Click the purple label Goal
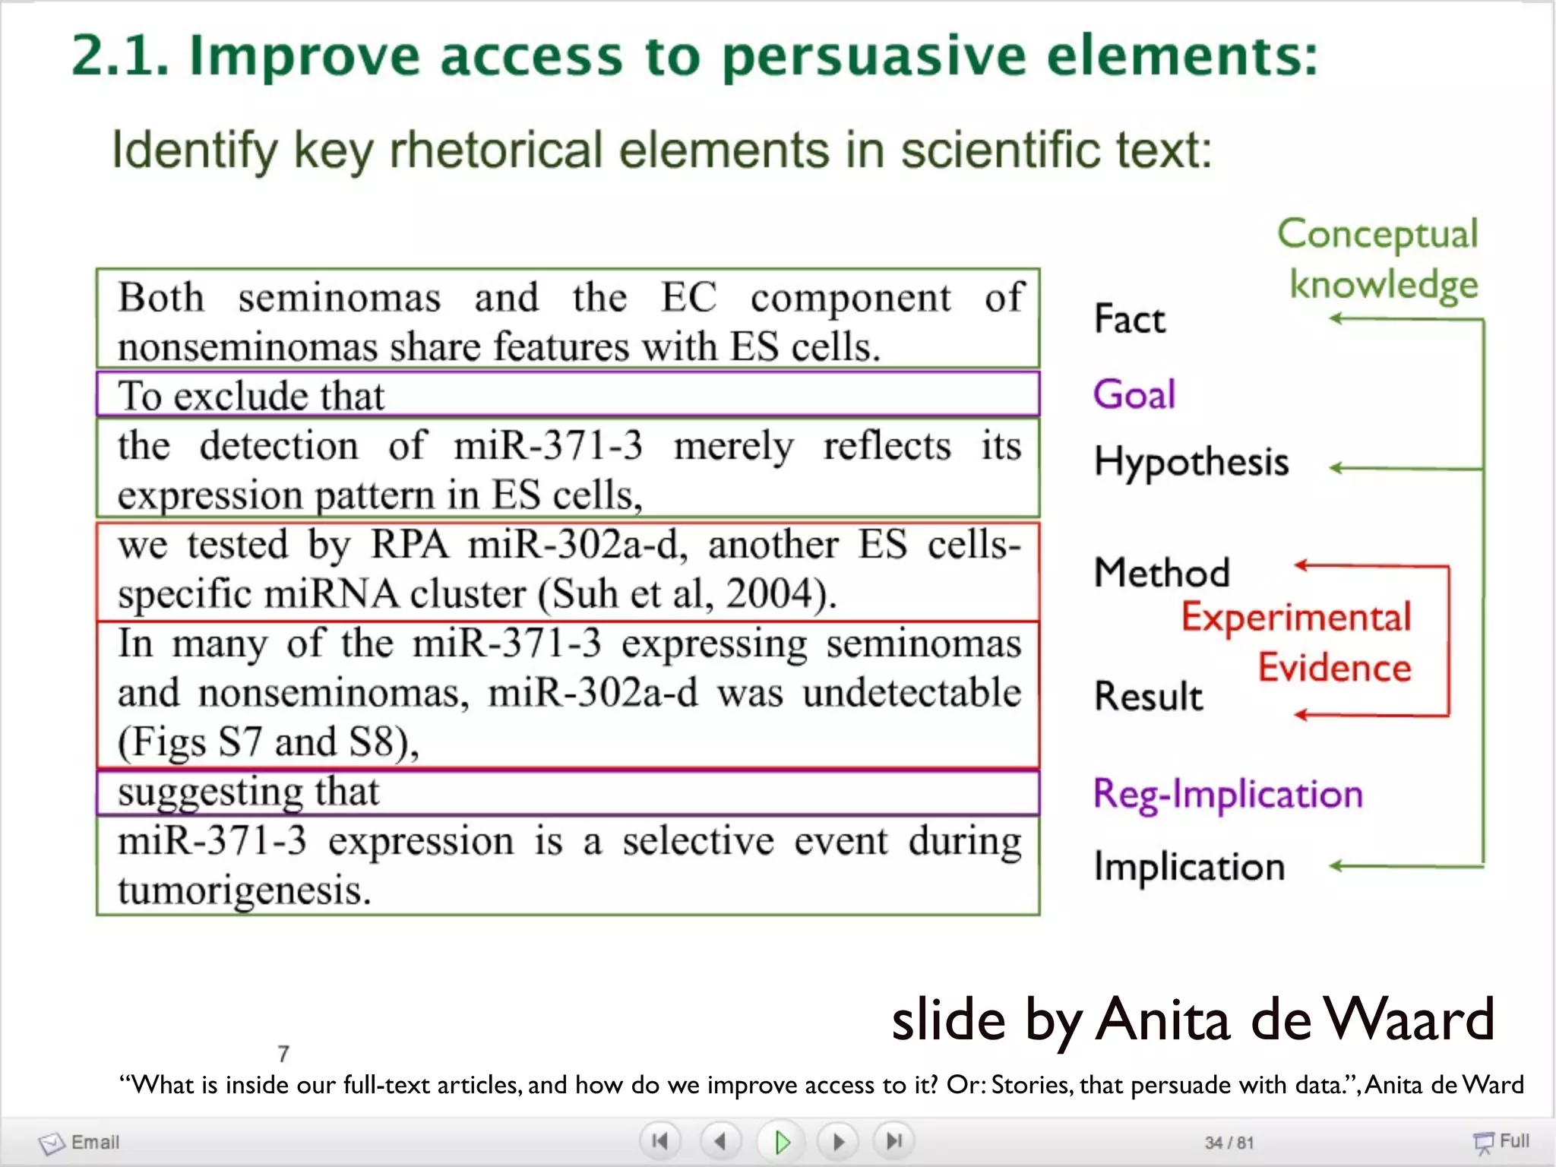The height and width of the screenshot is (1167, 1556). (x=1134, y=394)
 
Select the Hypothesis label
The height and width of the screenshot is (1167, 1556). (x=1191, y=462)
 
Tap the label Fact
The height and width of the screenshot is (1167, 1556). (x=1129, y=319)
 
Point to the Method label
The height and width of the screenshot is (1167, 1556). (x=1161, y=572)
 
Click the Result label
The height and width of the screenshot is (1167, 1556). (x=1148, y=696)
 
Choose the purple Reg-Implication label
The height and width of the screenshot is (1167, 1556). (x=1227, y=794)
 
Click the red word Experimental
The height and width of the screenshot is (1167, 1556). (x=1295, y=616)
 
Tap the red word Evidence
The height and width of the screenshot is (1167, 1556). (x=1334, y=668)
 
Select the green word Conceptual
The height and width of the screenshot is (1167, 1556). (x=1377, y=234)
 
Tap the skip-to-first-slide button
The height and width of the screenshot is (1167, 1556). (x=659, y=1141)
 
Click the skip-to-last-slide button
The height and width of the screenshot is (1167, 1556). (x=894, y=1141)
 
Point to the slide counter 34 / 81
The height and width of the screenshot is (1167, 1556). (x=1229, y=1142)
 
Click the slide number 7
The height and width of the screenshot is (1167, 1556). (x=283, y=1054)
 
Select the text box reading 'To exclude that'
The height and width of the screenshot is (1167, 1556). (x=567, y=394)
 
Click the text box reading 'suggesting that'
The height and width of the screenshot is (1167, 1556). (x=567, y=792)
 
